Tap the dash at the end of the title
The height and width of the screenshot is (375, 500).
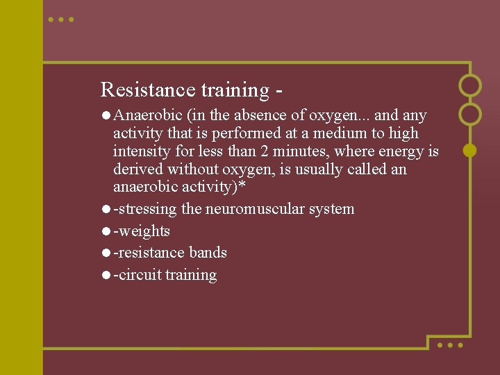point(279,91)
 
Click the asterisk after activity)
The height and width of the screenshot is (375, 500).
point(242,187)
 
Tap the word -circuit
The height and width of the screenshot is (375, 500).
point(137,275)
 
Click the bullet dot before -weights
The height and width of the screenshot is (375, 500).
point(106,231)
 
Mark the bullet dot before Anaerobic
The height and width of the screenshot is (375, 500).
point(106,115)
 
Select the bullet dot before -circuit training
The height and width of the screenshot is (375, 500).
point(106,275)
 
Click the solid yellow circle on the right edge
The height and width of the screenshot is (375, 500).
point(470,149)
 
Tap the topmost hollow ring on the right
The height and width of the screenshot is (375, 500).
point(470,85)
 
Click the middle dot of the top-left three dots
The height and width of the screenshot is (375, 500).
point(61,19)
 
